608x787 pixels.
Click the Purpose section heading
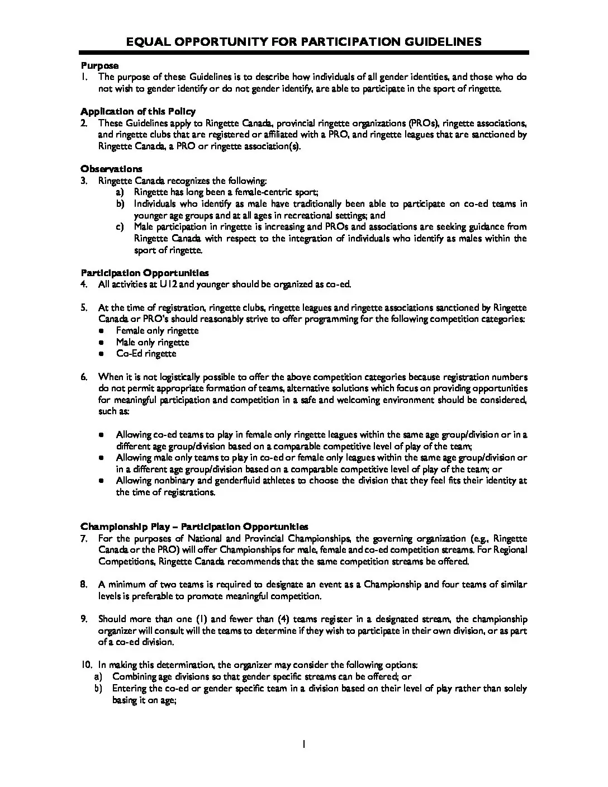click(99, 65)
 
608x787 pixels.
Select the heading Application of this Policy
click(138, 111)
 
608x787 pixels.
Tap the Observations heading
click(111, 169)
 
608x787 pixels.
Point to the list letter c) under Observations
click(120, 227)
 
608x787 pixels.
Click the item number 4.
click(84, 285)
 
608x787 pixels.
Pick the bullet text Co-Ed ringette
click(146, 354)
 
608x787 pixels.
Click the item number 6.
click(84, 377)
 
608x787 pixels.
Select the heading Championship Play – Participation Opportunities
click(194, 527)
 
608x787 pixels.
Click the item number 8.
click(84, 585)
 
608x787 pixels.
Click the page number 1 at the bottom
click(303, 745)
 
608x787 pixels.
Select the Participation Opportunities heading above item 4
click(145, 273)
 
